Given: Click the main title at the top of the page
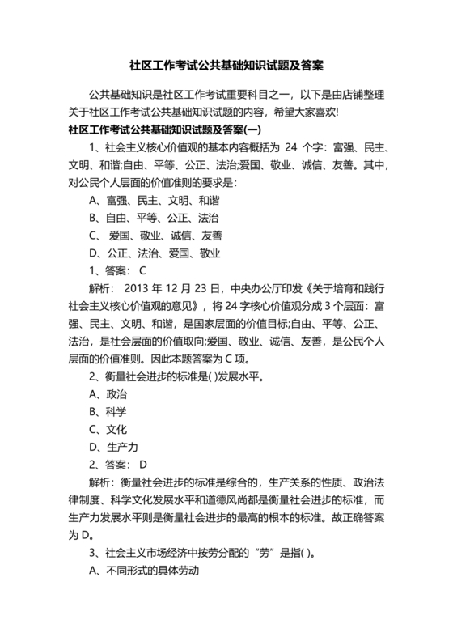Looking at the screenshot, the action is [x=226, y=64].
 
